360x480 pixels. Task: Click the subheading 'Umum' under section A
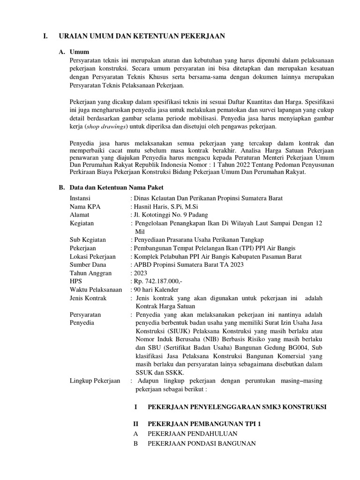(79, 52)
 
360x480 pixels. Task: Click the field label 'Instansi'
(80, 198)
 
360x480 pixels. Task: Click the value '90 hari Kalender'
(156, 290)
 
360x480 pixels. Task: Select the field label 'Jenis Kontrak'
(88, 298)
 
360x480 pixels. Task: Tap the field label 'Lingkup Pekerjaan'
(94, 381)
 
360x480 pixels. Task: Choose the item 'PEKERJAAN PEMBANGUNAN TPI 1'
(204, 424)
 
